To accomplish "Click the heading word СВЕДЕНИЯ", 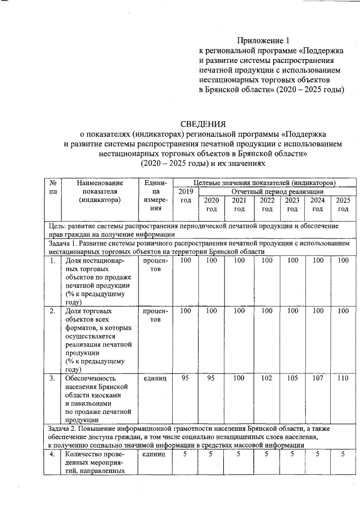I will (202, 124).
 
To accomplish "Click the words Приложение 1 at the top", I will (264, 40).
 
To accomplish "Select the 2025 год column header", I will (343, 205).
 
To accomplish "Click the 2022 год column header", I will (267, 205).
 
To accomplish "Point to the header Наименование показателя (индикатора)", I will (99, 191).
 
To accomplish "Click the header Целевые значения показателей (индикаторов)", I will (264, 183).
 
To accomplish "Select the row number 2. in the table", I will (52, 310).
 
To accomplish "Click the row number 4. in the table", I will (52, 454).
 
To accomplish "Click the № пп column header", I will (52, 187).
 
